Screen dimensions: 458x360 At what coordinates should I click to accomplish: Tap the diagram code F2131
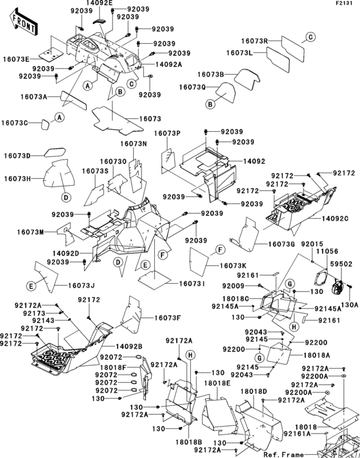(x=345, y=4)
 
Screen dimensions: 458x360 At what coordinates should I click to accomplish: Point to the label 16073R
(x=254, y=41)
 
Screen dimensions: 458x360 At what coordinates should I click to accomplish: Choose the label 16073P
(x=166, y=133)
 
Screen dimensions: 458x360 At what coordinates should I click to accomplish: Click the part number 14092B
(x=129, y=347)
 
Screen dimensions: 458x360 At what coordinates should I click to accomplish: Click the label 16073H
(x=17, y=178)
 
